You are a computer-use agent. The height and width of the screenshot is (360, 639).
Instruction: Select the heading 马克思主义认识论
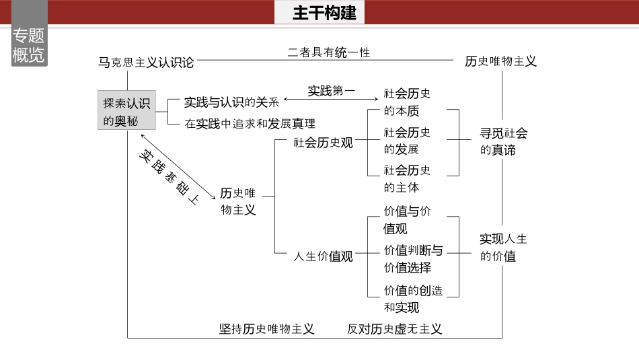[x=146, y=62]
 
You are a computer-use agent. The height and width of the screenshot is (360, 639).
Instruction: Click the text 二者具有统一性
[x=329, y=52]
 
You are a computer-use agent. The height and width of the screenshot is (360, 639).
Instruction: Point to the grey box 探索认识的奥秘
[x=127, y=111]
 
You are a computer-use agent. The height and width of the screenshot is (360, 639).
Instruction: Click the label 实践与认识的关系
[x=231, y=102]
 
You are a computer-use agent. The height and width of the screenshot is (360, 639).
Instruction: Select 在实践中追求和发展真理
[x=250, y=123]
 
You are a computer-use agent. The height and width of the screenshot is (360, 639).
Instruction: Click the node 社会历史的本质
[x=407, y=102]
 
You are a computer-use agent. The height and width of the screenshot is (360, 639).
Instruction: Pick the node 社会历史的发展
[x=407, y=140]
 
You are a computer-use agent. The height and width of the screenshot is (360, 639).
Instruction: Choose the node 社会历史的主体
[x=407, y=178]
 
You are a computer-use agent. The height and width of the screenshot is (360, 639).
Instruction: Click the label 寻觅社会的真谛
[x=503, y=141]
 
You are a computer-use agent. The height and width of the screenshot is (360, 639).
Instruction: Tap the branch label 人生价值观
[x=324, y=256]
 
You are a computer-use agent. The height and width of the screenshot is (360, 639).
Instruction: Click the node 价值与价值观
[x=407, y=219]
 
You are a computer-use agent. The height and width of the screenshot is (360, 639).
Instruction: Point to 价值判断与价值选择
[x=412, y=258]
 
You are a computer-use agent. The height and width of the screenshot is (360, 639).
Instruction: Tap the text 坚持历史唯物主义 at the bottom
[x=267, y=329]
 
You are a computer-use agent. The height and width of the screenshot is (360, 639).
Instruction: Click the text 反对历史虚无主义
[x=395, y=329]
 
